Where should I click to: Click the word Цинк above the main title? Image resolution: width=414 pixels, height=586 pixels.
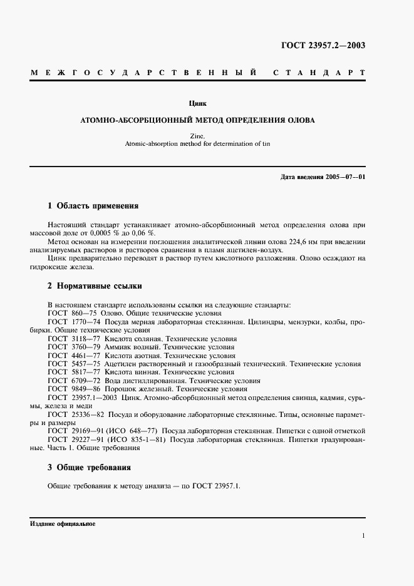pos(198,103)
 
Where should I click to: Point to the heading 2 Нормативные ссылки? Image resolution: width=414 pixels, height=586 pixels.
pos(95,286)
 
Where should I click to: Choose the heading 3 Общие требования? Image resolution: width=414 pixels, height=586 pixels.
pos(90,467)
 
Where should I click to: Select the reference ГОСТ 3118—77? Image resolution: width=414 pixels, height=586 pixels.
pos(72,338)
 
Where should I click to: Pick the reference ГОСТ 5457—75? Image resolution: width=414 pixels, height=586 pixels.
pos(72,363)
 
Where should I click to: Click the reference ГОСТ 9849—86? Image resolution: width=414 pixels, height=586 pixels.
pos(72,388)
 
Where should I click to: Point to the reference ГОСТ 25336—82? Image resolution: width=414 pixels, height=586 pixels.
pos(75,414)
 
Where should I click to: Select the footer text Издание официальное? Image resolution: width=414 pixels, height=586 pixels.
pos(62,523)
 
